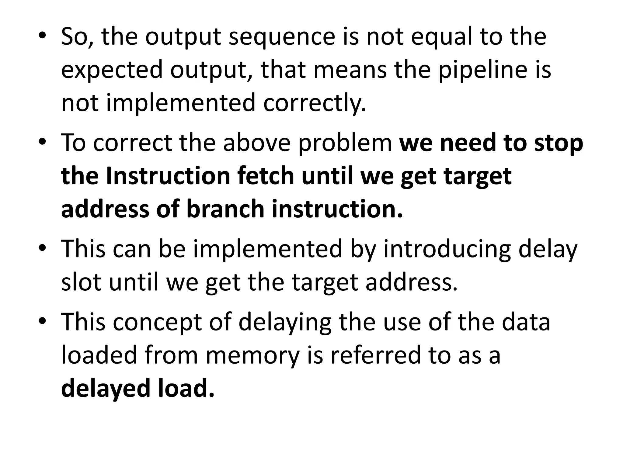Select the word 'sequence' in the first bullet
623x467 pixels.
click(x=282, y=37)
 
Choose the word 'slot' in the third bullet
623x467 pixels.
click(x=81, y=282)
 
